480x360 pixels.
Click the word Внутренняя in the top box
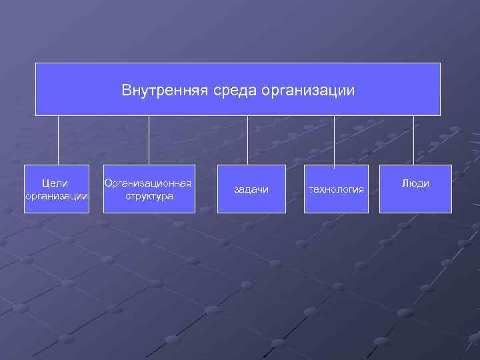pyautogui.click(x=155, y=89)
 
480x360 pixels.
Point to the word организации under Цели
pyautogui.click(x=56, y=196)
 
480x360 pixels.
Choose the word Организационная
pyautogui.click(x=148, y=183)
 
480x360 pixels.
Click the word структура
pyautogui.click(x=149, y=196)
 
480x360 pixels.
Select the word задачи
pyautogui.click(x=251, y=190)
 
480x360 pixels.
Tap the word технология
pyautogui.click(x=336, y=190)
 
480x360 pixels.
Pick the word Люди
pyautogui.click(x=415, y=183)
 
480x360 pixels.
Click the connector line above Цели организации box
pyautogui.click(x=58, y=140)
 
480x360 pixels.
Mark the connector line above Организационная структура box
pyautogui.click(x=149, y=140)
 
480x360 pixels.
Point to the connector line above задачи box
pyautogui.click(x=247, y=140)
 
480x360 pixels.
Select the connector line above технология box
pyautogui.click(x=335, y=140)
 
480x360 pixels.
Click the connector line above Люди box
pyautogui.click(x=413, y=140)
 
